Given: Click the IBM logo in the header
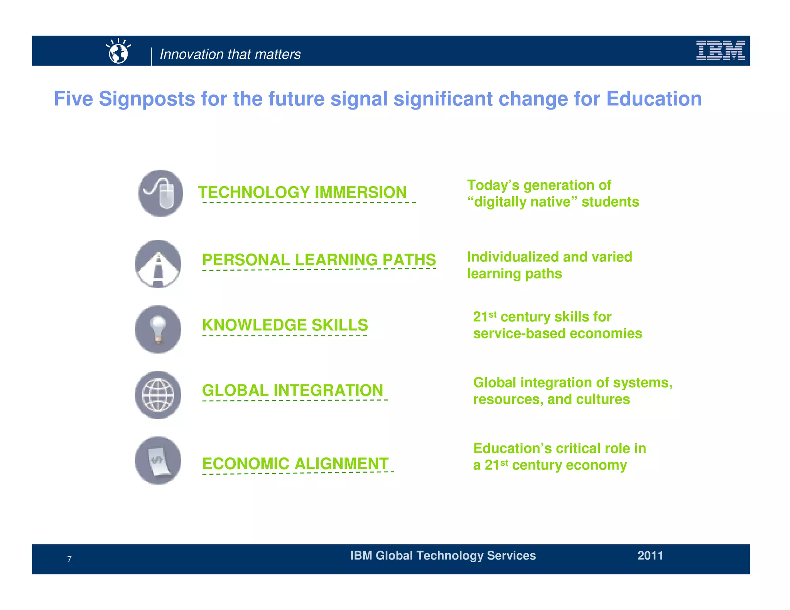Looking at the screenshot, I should point(720,51).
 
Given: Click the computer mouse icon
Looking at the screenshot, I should point(161,193).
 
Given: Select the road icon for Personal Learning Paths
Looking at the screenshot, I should point(158,264).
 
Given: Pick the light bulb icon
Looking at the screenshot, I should point(158,329).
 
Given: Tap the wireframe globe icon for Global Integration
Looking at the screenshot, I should point(158,395).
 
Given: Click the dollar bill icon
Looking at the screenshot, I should point(158,461).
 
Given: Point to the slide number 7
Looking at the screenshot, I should point(69,559).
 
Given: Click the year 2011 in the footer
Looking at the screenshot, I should point(650,556).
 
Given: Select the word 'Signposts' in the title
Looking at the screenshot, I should point(147,99).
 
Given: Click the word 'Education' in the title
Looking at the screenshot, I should point(654,99).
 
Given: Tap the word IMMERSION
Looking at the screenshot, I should point(361,192).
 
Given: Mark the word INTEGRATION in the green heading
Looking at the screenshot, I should point(328,390).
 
